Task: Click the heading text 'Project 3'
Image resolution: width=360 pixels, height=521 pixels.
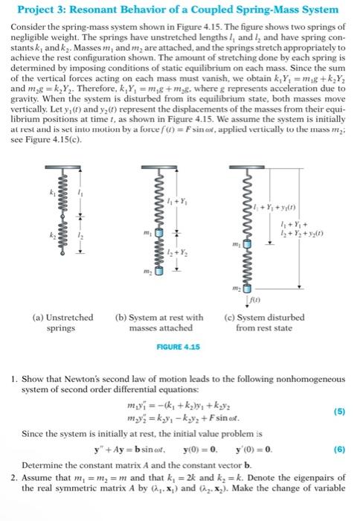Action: [42, 10]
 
